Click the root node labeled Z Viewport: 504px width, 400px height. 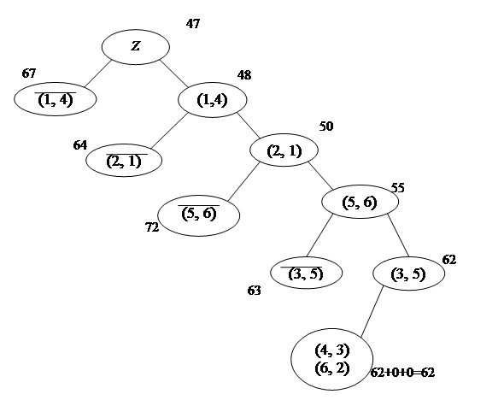click(136, 47)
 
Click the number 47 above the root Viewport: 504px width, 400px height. click(193, 23)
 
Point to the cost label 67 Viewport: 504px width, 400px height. click(29, 74)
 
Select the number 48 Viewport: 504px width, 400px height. click(244, 75)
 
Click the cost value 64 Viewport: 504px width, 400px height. click(80, 145)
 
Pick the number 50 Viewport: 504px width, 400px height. click(326, 126)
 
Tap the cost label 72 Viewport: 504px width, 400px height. click(152, 227)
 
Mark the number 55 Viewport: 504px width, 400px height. click(397, 188)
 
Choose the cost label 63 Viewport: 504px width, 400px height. click(254, 291)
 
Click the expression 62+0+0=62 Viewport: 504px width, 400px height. click(402, 373)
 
